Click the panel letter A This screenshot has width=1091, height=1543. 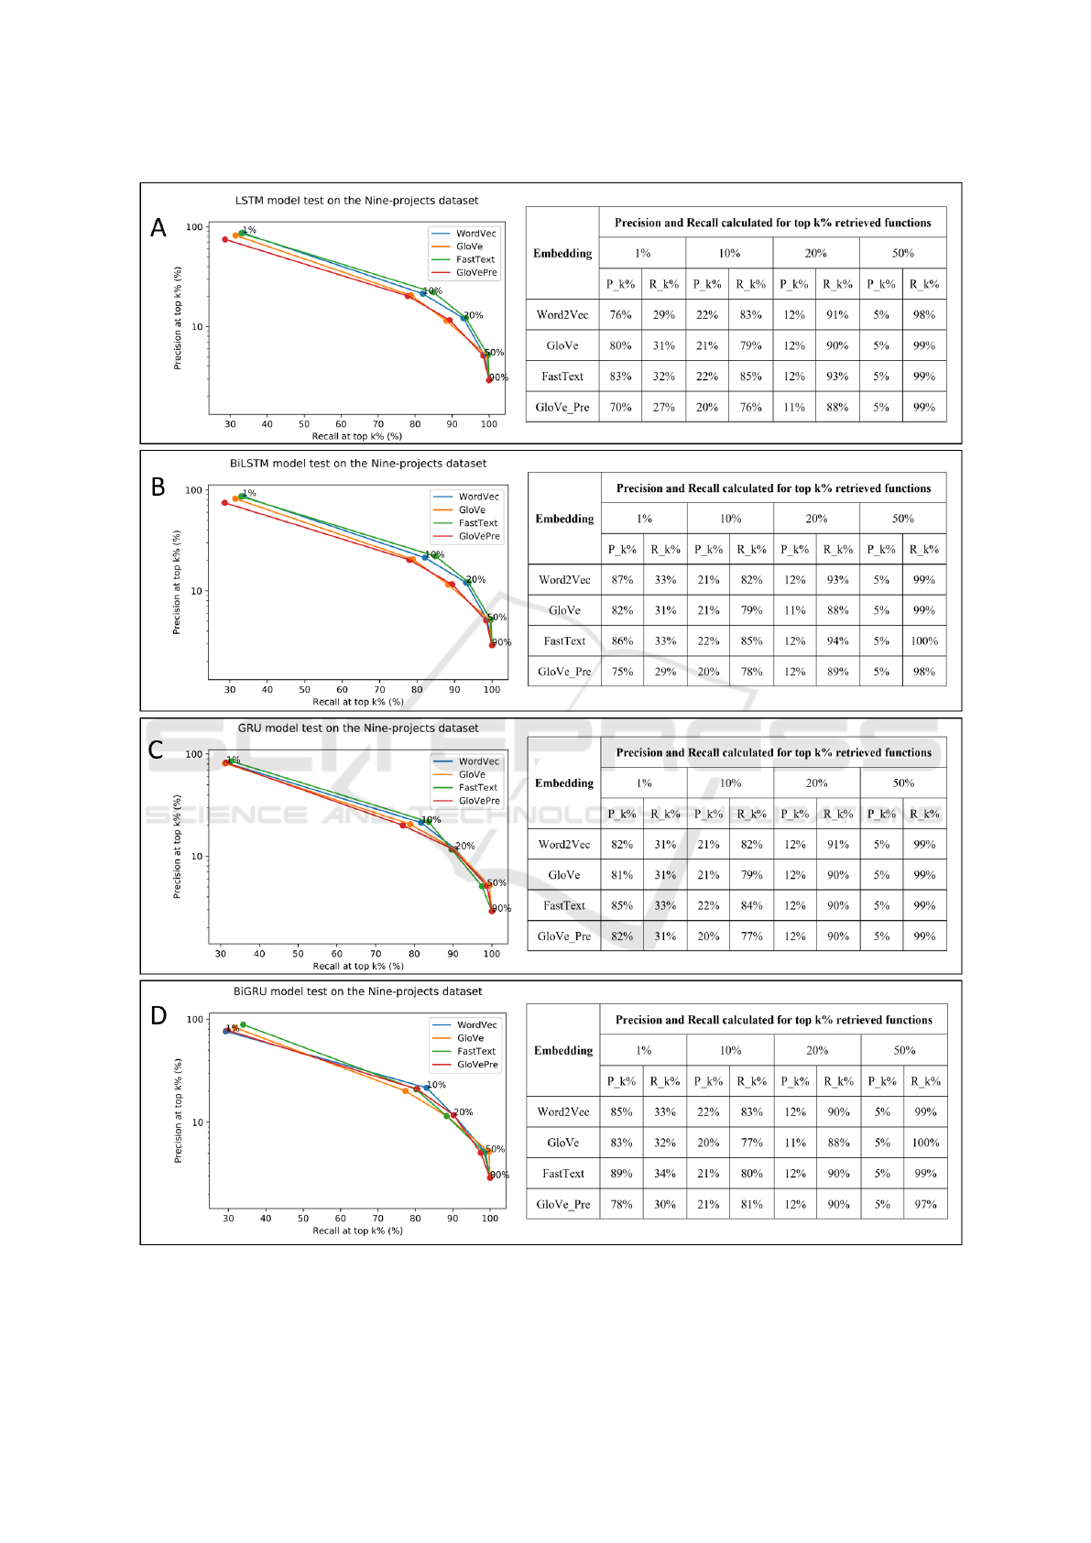(158, 228)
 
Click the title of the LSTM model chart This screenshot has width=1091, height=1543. (356, 201)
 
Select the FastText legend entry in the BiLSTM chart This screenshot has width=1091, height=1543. (477, 523)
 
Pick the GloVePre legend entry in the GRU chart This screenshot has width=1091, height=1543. (478, 801)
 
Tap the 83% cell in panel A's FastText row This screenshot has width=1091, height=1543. (620, 377)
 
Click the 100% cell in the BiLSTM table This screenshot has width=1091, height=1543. (923, 641)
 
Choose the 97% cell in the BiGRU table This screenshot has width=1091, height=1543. (925, 1204)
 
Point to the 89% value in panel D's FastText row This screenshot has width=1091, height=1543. (621, 1174)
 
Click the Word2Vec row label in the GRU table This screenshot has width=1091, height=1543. (563, 845)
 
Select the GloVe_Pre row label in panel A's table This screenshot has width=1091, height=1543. (562, 408)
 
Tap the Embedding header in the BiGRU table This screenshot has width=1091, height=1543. (563, 1051)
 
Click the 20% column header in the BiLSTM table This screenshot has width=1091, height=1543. (816, 519)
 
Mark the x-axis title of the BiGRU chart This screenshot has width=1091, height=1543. (357, 1231)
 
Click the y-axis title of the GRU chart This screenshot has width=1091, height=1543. (177, 846)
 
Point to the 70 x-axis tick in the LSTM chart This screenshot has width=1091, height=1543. (377, 424)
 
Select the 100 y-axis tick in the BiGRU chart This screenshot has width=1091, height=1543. (195, 1019)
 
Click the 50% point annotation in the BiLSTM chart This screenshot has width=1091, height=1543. (496, 618)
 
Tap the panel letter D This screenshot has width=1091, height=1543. (158, 1016)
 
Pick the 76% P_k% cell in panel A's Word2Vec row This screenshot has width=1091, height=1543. (620, 315)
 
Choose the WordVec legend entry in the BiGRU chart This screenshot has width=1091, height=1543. (476, 1025)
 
